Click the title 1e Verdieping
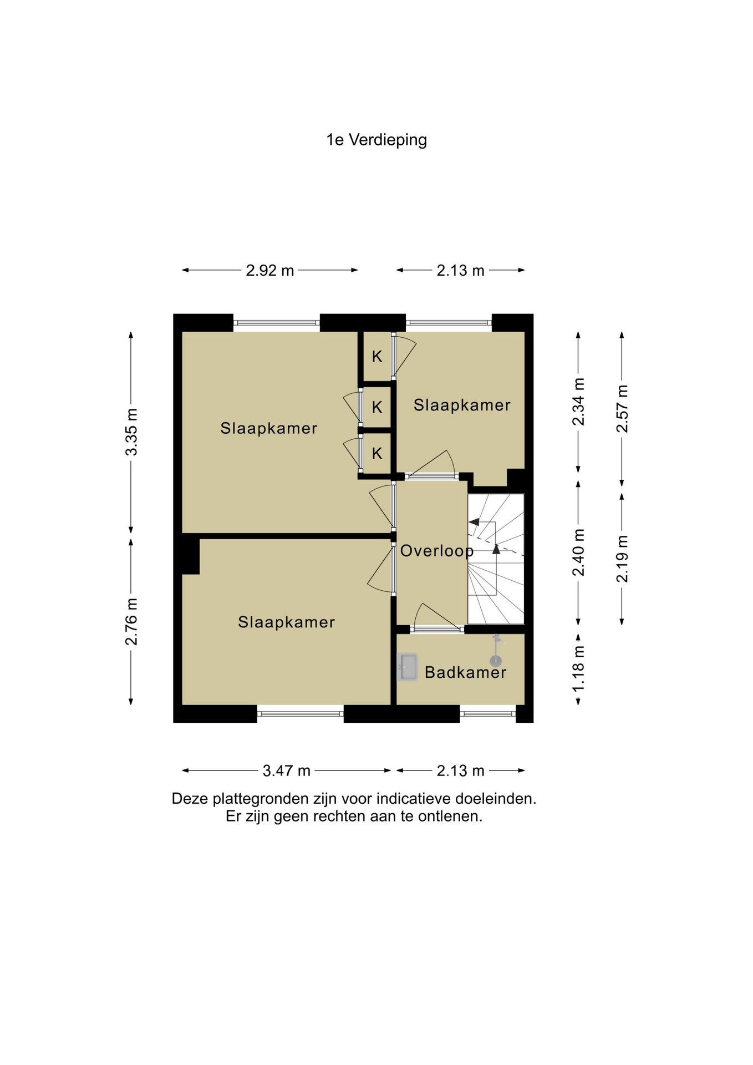pyautogui.click(x=376, y=140)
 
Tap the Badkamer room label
pyautogui.click(x=466, y=672)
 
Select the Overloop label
pyautogui.click(x=437, y=551)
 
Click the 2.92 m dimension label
pyautogui.click(x=270, y=271)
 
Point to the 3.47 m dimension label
pyautogui.click(x=287, y=770)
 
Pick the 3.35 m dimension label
pyautogui.click(x=131, y=432)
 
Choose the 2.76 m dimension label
pyautogui.click(x=131, y=622)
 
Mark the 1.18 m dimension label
pyautogui.click(x=578, y=668)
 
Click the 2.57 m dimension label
pyautogui.click(x=622, y=408)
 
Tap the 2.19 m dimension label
pyautogui.click(x=622, y=559)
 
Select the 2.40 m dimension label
pyautogui.click(x=578, y=552)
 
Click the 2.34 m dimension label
pyautogui.click(x=578, y=402)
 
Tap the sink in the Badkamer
pyautogui.click(x=408, y=667)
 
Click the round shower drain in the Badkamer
pyautogui.click(x=495, y=661)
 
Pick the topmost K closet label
pyautogui.click(x=377, y=356)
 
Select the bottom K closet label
pyautogui.click(x=377, y=454)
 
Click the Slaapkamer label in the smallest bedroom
pyautogui.click(x=462, y=405)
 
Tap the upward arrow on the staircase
pyautogui.click(x=496, y=549)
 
